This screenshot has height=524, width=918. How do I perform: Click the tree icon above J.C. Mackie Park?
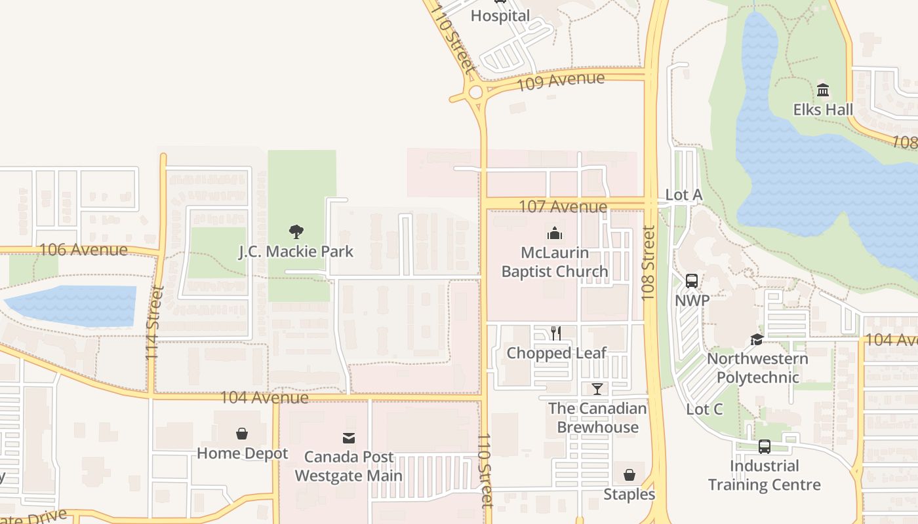tap(296, 231)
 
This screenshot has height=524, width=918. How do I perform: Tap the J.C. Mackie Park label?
tap(296, 252)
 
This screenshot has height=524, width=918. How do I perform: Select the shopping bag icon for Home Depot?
tap(242, 434)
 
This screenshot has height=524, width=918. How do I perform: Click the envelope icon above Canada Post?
tap(348, 438)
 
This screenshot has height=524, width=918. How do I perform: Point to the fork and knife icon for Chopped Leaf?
tap(556, 333)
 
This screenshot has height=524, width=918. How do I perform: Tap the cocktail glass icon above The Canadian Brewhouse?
tap(597, 389)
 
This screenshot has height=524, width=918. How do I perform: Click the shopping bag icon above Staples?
tap(629, 475)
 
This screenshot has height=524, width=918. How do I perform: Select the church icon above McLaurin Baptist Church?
tap(555, 233)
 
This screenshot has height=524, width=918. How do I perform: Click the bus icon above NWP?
tap(692, 281)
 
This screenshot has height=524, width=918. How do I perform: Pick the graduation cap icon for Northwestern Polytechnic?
tap(757, 339)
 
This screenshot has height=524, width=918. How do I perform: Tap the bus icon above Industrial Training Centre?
tap(764, 447)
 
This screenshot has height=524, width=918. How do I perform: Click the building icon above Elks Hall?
tap(823, 90)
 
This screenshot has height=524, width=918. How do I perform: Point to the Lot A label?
tap(683, 195)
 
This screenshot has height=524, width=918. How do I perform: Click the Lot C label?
tap(704, 409)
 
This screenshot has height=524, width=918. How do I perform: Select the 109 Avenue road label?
tap(561, 81)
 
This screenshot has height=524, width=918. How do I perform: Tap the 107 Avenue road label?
tap(563, 206)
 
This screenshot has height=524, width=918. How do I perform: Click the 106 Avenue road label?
tap(83, 250)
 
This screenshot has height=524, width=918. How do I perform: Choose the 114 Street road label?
tap(153, 322)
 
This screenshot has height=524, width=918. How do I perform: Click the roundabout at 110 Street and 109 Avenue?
tap(475, 92)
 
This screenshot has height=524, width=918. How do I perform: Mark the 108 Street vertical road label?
tap(649, 263)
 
